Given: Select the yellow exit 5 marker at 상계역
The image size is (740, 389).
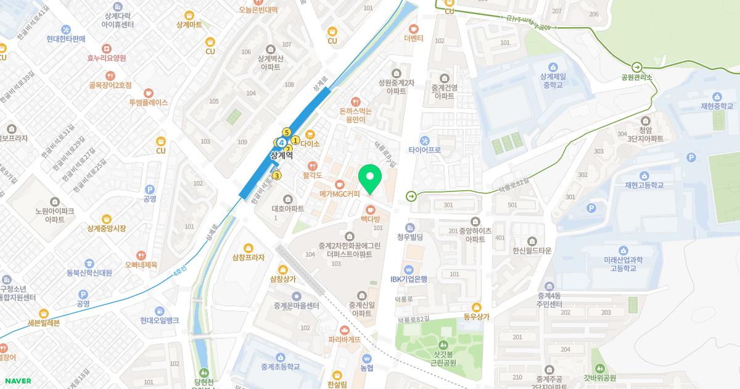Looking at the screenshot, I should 286,132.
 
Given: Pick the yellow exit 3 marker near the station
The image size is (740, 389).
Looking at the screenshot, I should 277,176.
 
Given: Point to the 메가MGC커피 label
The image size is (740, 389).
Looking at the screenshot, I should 339,194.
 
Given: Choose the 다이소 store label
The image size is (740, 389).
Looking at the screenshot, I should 310,144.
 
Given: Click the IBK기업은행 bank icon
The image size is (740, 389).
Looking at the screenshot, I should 408,269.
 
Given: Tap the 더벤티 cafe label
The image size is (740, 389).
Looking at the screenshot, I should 413,38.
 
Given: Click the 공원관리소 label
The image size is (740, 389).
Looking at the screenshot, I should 636,78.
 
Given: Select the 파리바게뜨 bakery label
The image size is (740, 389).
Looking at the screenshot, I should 344,340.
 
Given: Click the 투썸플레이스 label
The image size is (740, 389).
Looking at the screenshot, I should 148,102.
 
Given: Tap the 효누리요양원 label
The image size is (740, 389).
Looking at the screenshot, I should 106,58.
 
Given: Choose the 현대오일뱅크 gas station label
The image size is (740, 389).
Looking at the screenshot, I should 159,320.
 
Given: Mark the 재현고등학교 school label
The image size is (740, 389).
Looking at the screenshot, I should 644,185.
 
